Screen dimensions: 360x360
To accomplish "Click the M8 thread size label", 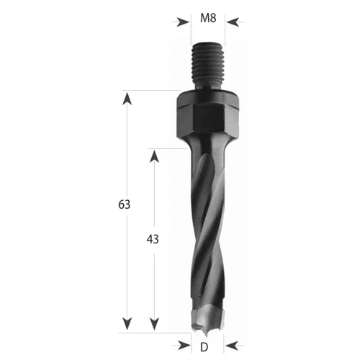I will [x=207, y=19].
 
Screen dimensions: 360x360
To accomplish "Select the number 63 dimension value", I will [x=125, y=205].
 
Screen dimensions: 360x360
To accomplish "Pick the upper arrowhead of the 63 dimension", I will [x=129, y=97].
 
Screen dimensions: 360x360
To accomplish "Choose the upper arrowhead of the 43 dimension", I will [x=153, y=155].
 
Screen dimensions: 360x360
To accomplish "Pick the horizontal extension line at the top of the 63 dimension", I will [x=151, y=91].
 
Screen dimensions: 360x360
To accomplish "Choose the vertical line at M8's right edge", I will [x=225, y=29].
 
